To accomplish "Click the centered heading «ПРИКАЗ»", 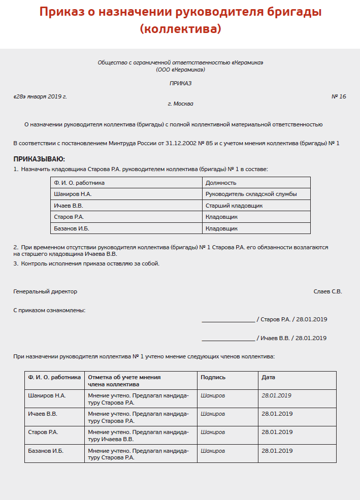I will tap(180, 83).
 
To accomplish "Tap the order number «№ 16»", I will tap(339, 96).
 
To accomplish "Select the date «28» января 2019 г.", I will tap(40, 96).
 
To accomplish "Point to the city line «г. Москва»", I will tap(180, 104).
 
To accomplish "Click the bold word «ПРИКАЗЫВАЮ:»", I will tap(39, 159).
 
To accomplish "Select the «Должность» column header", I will tap(221, 183).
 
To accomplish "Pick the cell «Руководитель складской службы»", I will tap(251, 194).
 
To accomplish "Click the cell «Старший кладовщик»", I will tap(234, 206).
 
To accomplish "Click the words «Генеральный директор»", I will tap(45, 291).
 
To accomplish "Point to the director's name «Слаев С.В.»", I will tap(328, 291).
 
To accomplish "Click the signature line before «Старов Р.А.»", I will tap(228, 320).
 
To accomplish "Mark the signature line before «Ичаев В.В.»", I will tap(228, 339).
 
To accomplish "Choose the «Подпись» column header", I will tap(213, 377).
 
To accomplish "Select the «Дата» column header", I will tap(268, 377).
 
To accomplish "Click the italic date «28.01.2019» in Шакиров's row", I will tap(276, 395).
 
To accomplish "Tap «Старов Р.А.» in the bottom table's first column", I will tap(43, 432).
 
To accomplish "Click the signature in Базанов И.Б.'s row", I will tap(213, 450).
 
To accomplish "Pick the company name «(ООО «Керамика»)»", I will tap(180, 70).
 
